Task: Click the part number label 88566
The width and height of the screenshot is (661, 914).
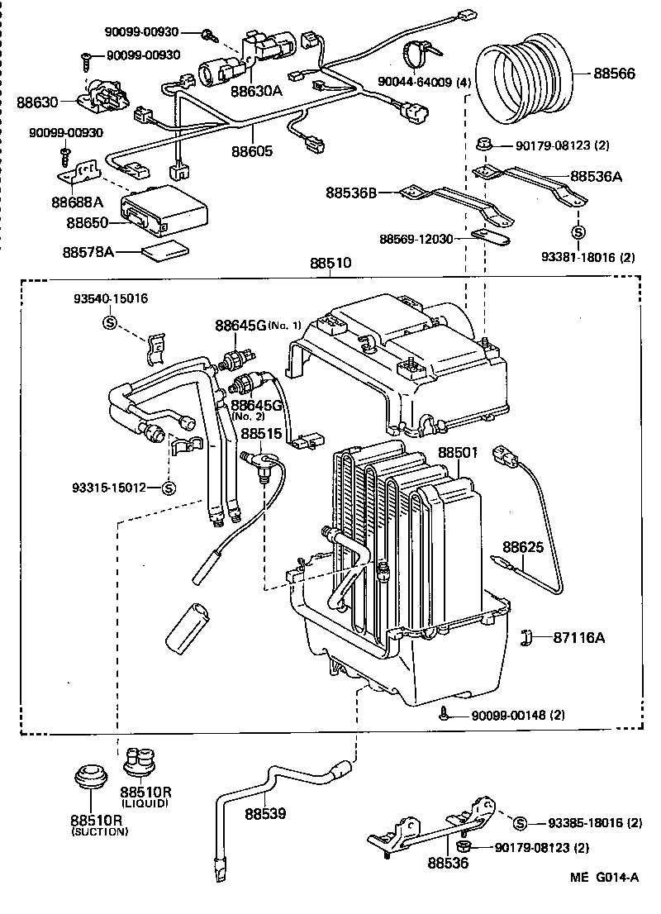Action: pyautogui.click(x=614, y=74)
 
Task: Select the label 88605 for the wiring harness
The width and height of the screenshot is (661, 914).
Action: pyautogui.click(x=252, y=151)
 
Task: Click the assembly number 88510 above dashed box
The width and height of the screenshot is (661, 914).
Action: pyautogui.click(x=331, y=264)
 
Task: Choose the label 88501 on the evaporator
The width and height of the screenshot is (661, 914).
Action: pyautogui.click(x=458, y=453)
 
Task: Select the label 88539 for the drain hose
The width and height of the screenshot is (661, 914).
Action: pyautogui.click(x=264, y=813)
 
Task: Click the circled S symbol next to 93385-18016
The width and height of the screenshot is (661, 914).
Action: pyautogui.click(x=520, y=822)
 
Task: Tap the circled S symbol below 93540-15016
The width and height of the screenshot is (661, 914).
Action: pyautogui.click(x=108, y=322)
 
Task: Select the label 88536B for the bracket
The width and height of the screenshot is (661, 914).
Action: pyautogui.click(x=350, y=193)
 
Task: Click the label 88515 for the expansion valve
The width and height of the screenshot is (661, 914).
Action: pyautogui.click(x=262, y=432)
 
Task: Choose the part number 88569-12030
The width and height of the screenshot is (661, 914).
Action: pyautogui.click(x=416, y=239)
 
